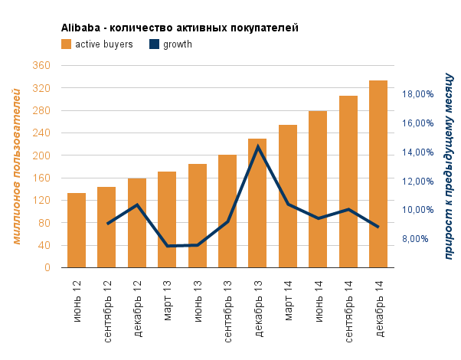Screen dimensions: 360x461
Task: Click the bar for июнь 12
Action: click(77, 230)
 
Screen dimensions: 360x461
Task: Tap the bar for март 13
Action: click(167, 219)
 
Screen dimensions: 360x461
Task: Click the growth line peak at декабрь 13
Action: click(258, 146)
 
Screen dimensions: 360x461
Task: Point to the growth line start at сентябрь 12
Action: click(107, 224)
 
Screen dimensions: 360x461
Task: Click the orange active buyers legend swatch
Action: click(66, 44)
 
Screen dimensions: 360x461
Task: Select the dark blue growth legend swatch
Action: click(154, 44)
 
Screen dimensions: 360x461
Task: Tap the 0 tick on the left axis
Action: click(47, 268)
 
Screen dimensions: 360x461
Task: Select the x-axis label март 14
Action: click(288, 303)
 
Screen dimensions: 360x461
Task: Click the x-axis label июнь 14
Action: click(318, 303)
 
